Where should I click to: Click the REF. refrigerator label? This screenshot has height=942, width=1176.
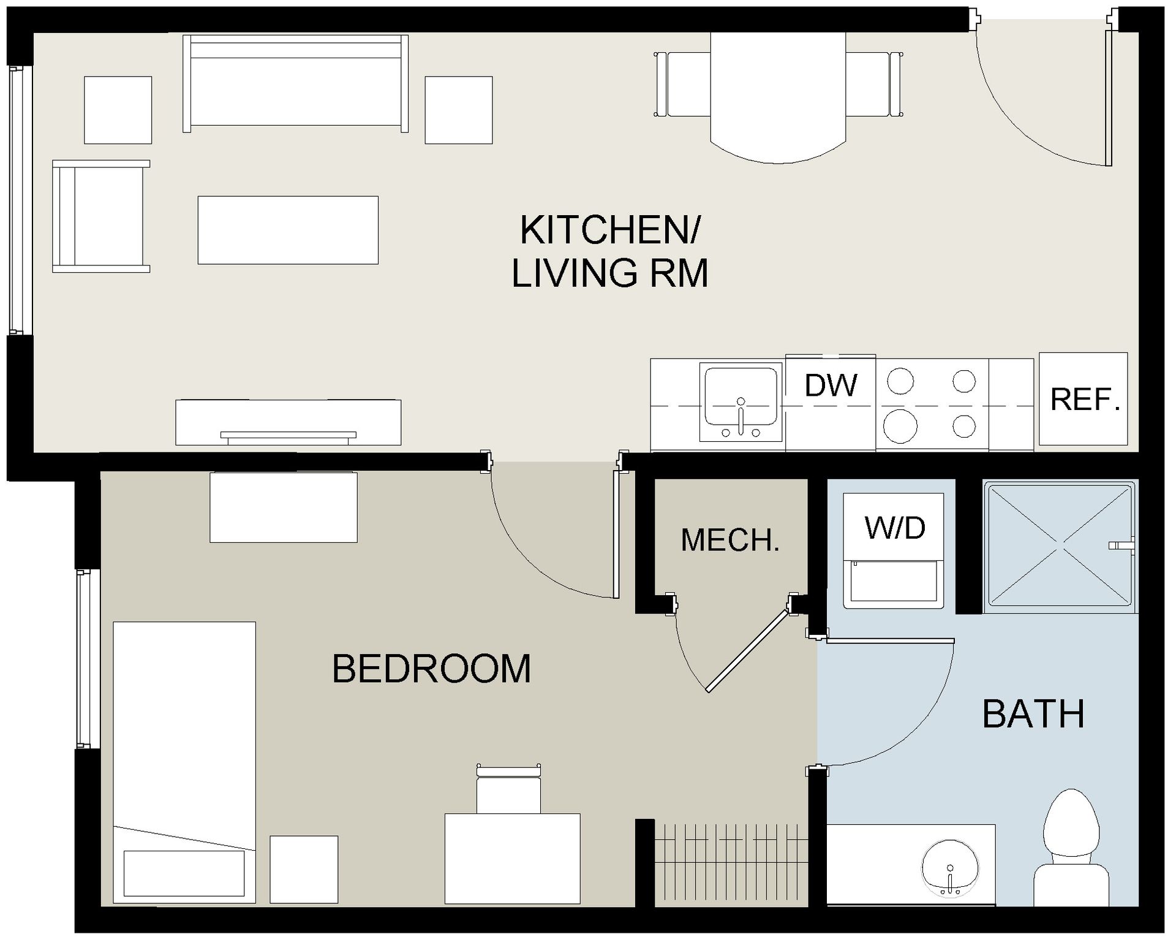click(x=1085, y=400)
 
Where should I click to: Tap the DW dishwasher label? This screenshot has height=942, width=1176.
click(x=831, y=386)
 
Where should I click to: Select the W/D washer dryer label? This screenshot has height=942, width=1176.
click(x=895, y=528)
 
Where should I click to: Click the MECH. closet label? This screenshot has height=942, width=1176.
click(x=730, y=540)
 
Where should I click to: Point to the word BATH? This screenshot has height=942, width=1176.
click(x=1033, y=714)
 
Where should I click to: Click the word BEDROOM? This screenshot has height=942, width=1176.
click(x=431, y=669)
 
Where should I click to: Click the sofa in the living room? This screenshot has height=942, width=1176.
click(x=295, y=84)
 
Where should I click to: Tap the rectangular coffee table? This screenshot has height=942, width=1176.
click(x=288, y=230)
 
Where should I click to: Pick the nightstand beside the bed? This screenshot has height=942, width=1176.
click(x=304, y=869)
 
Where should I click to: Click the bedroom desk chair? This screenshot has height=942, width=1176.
click(x=508, y=791)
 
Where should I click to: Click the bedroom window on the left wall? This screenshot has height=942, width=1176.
click(x=86, y=659)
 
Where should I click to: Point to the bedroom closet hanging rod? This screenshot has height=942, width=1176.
click(x=729, y=840)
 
